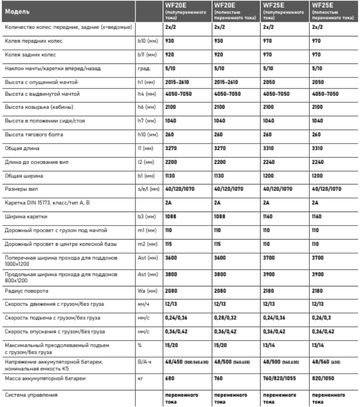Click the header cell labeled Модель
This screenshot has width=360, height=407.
click(x=19, y=10)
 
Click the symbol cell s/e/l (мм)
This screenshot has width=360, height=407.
click(x=143, y=188)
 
